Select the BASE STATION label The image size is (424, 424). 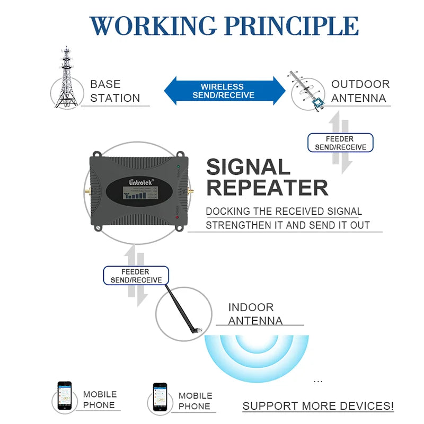(114, 91)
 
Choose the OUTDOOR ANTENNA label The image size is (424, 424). (360, 91)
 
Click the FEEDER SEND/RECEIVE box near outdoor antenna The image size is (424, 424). (341, 143)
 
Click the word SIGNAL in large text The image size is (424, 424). (248, 167)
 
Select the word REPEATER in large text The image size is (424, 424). (267, 188)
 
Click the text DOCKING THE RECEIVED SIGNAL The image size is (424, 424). (284, 211)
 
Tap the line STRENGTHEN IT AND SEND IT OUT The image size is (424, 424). (287, 225)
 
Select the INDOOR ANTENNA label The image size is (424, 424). (255, 314)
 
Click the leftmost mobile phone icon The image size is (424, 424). (65, 396)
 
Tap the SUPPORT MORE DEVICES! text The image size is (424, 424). (318, 406)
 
